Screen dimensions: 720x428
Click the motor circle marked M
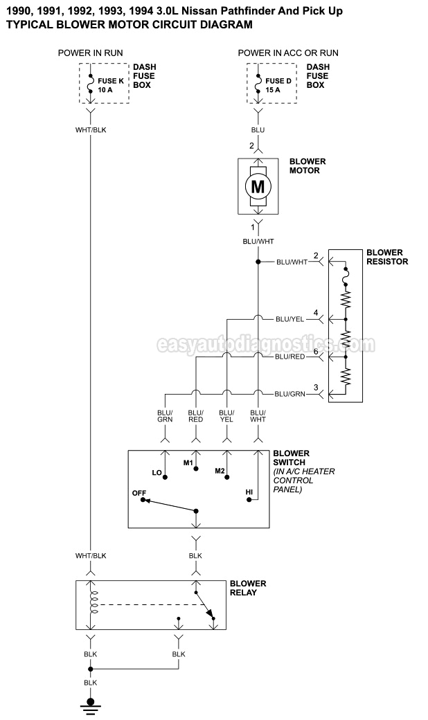point(258,186)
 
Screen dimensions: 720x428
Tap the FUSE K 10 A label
point(111,85)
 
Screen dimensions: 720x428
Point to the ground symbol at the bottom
point(90,708)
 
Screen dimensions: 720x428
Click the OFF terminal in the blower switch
point(139,493)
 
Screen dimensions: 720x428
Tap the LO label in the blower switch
point(157,473)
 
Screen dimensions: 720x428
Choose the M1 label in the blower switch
point(188,462)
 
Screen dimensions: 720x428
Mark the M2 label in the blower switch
point(220,471)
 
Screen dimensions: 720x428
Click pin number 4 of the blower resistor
point(316,313)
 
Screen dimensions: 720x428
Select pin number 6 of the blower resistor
point(316,351)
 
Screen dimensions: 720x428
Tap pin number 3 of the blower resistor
point(316,388)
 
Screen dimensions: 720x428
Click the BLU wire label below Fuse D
point(258,129)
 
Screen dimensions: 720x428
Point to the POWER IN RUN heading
point(91,53)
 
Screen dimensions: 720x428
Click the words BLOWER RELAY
point(248,588)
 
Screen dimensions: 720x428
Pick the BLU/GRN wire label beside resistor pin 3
point(289,394)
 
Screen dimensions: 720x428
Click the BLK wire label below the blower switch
point(195,555)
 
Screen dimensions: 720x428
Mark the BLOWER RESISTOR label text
point(387,257)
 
